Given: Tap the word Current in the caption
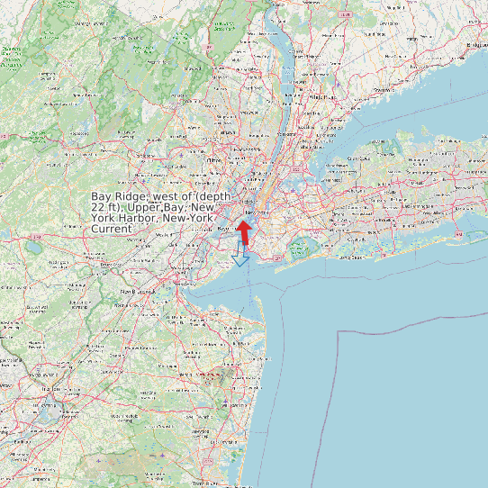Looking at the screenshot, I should (112, 230).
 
